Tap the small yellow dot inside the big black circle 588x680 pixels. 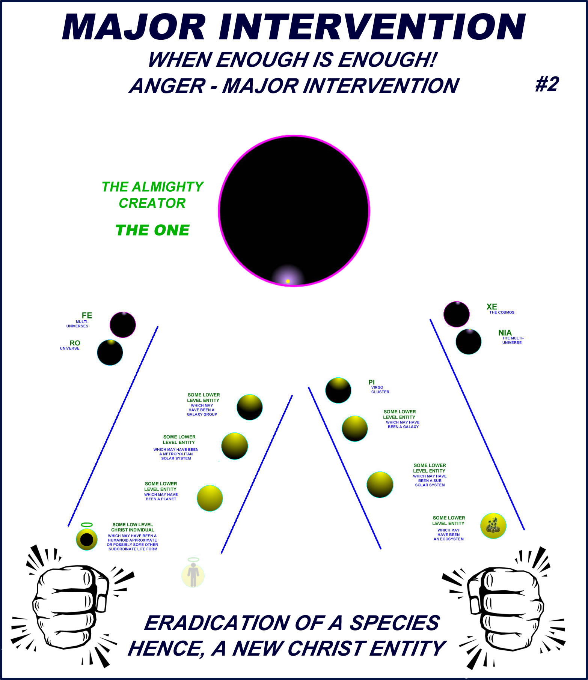[288, 281]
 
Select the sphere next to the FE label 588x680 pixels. [123, 325]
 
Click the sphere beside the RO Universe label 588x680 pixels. [110, 353]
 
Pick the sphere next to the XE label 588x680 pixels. [457, 314]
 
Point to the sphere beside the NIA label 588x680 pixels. [469, 342]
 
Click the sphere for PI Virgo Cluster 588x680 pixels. [338, 390]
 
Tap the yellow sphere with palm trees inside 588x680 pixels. [493, 526]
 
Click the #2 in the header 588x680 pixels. [547, 84]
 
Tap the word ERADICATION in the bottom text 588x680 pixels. [216, 623]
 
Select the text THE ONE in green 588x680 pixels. [152, 230]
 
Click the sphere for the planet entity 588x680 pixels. [210, 498]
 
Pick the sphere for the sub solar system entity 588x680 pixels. [380, 485]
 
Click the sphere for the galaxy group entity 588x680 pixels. [250, 407]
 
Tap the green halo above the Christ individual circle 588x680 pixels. [87, 525]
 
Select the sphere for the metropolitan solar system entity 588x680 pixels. [235, 446]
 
